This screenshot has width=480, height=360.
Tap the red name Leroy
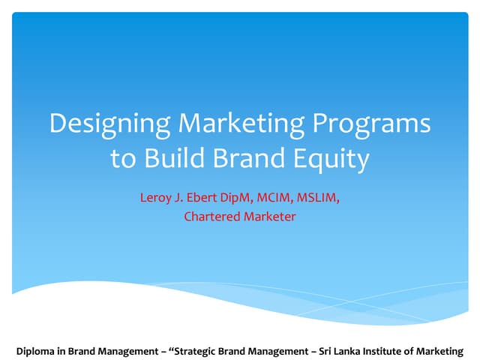(155, 198)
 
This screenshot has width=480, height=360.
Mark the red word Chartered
(211, 217)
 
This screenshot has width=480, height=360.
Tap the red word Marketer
(268, 217)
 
